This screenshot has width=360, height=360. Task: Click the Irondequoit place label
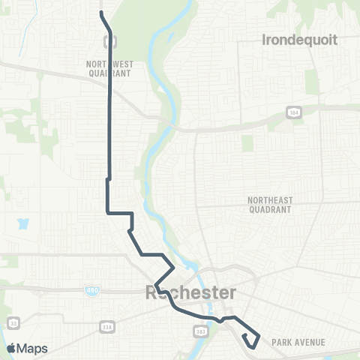[x=300, y=39]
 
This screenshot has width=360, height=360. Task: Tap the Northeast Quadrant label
[x=270, y=205]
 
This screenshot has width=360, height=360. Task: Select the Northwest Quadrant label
[x=109, y=69]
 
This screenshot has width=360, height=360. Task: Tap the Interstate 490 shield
[x=92, y=290]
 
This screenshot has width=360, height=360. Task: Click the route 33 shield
[x=15, y=322]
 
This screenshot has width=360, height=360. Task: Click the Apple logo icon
[x=11, y=348]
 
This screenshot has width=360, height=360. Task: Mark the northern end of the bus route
[x=101, y=13]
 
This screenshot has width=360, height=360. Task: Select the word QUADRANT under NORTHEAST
[x=270, y=211]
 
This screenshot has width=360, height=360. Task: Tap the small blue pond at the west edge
[x=22, y=224]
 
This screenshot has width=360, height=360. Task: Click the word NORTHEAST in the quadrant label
[x=270, y=200]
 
